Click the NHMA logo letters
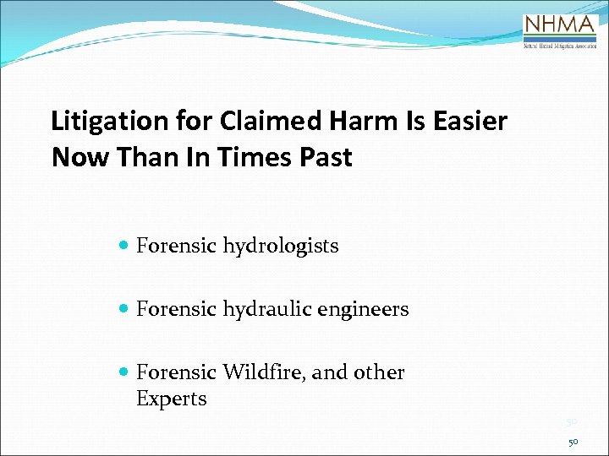(x=560, y=24)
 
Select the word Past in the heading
(x=325, y=157)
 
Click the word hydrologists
(x=281, y=247)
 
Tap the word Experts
(x=172, y=399)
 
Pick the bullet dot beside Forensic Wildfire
(x=124, y=372)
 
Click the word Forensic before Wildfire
(x=176, y=372)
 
